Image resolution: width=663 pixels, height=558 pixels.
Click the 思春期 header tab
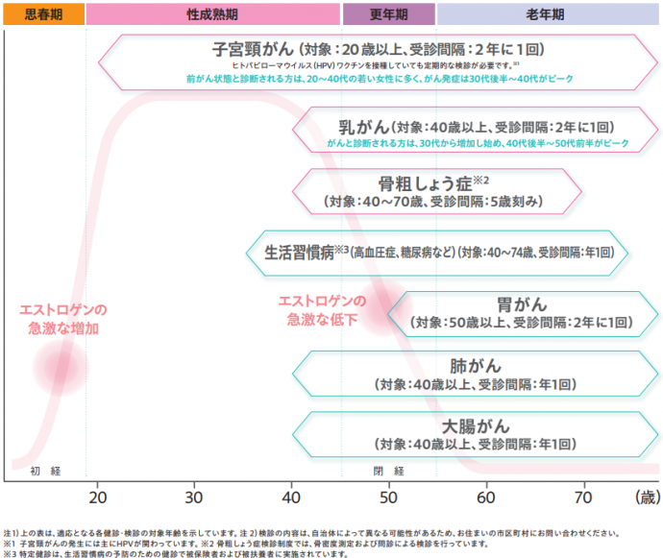pos(43,14)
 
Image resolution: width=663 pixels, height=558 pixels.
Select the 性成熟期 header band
pos(213,14)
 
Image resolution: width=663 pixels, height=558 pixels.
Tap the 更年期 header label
pos(389,14)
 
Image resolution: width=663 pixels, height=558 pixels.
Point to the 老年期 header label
pos(545,14)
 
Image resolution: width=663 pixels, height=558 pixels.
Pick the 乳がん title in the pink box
pos(364,126)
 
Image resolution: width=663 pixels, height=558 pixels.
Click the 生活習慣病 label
pos(298,253)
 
